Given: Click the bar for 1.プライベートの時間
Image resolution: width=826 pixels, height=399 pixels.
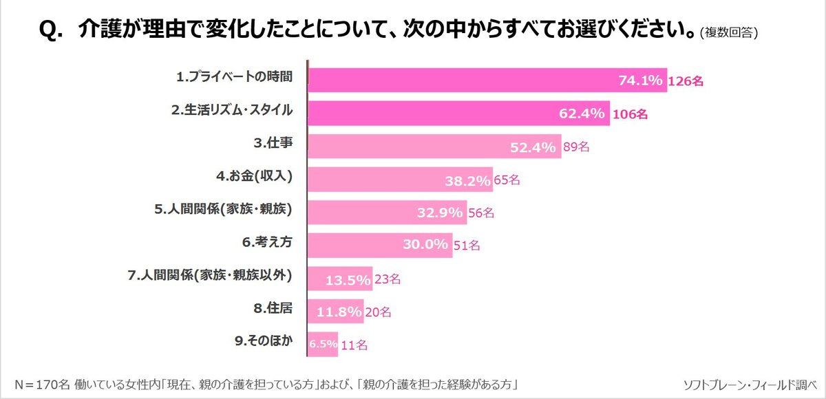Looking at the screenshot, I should (482, 80).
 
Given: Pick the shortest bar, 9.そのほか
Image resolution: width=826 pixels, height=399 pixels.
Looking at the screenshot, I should (321, 344).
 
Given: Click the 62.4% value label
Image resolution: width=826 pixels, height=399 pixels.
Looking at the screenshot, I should (582, 114).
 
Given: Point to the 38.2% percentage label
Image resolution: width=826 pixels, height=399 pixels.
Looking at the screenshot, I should (467, 180).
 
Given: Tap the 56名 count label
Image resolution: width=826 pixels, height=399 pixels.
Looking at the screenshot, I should (480, 213).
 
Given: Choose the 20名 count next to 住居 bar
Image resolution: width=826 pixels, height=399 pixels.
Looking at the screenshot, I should (377, 312).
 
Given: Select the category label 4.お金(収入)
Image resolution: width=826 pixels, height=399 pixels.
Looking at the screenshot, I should (255, 177).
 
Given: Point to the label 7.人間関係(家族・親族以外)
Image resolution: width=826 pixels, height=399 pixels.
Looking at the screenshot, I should (210, 276).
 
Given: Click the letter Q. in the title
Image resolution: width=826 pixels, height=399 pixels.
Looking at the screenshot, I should (52, 30).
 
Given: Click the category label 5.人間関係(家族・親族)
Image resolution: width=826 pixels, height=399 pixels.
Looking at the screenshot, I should (220, 210).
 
